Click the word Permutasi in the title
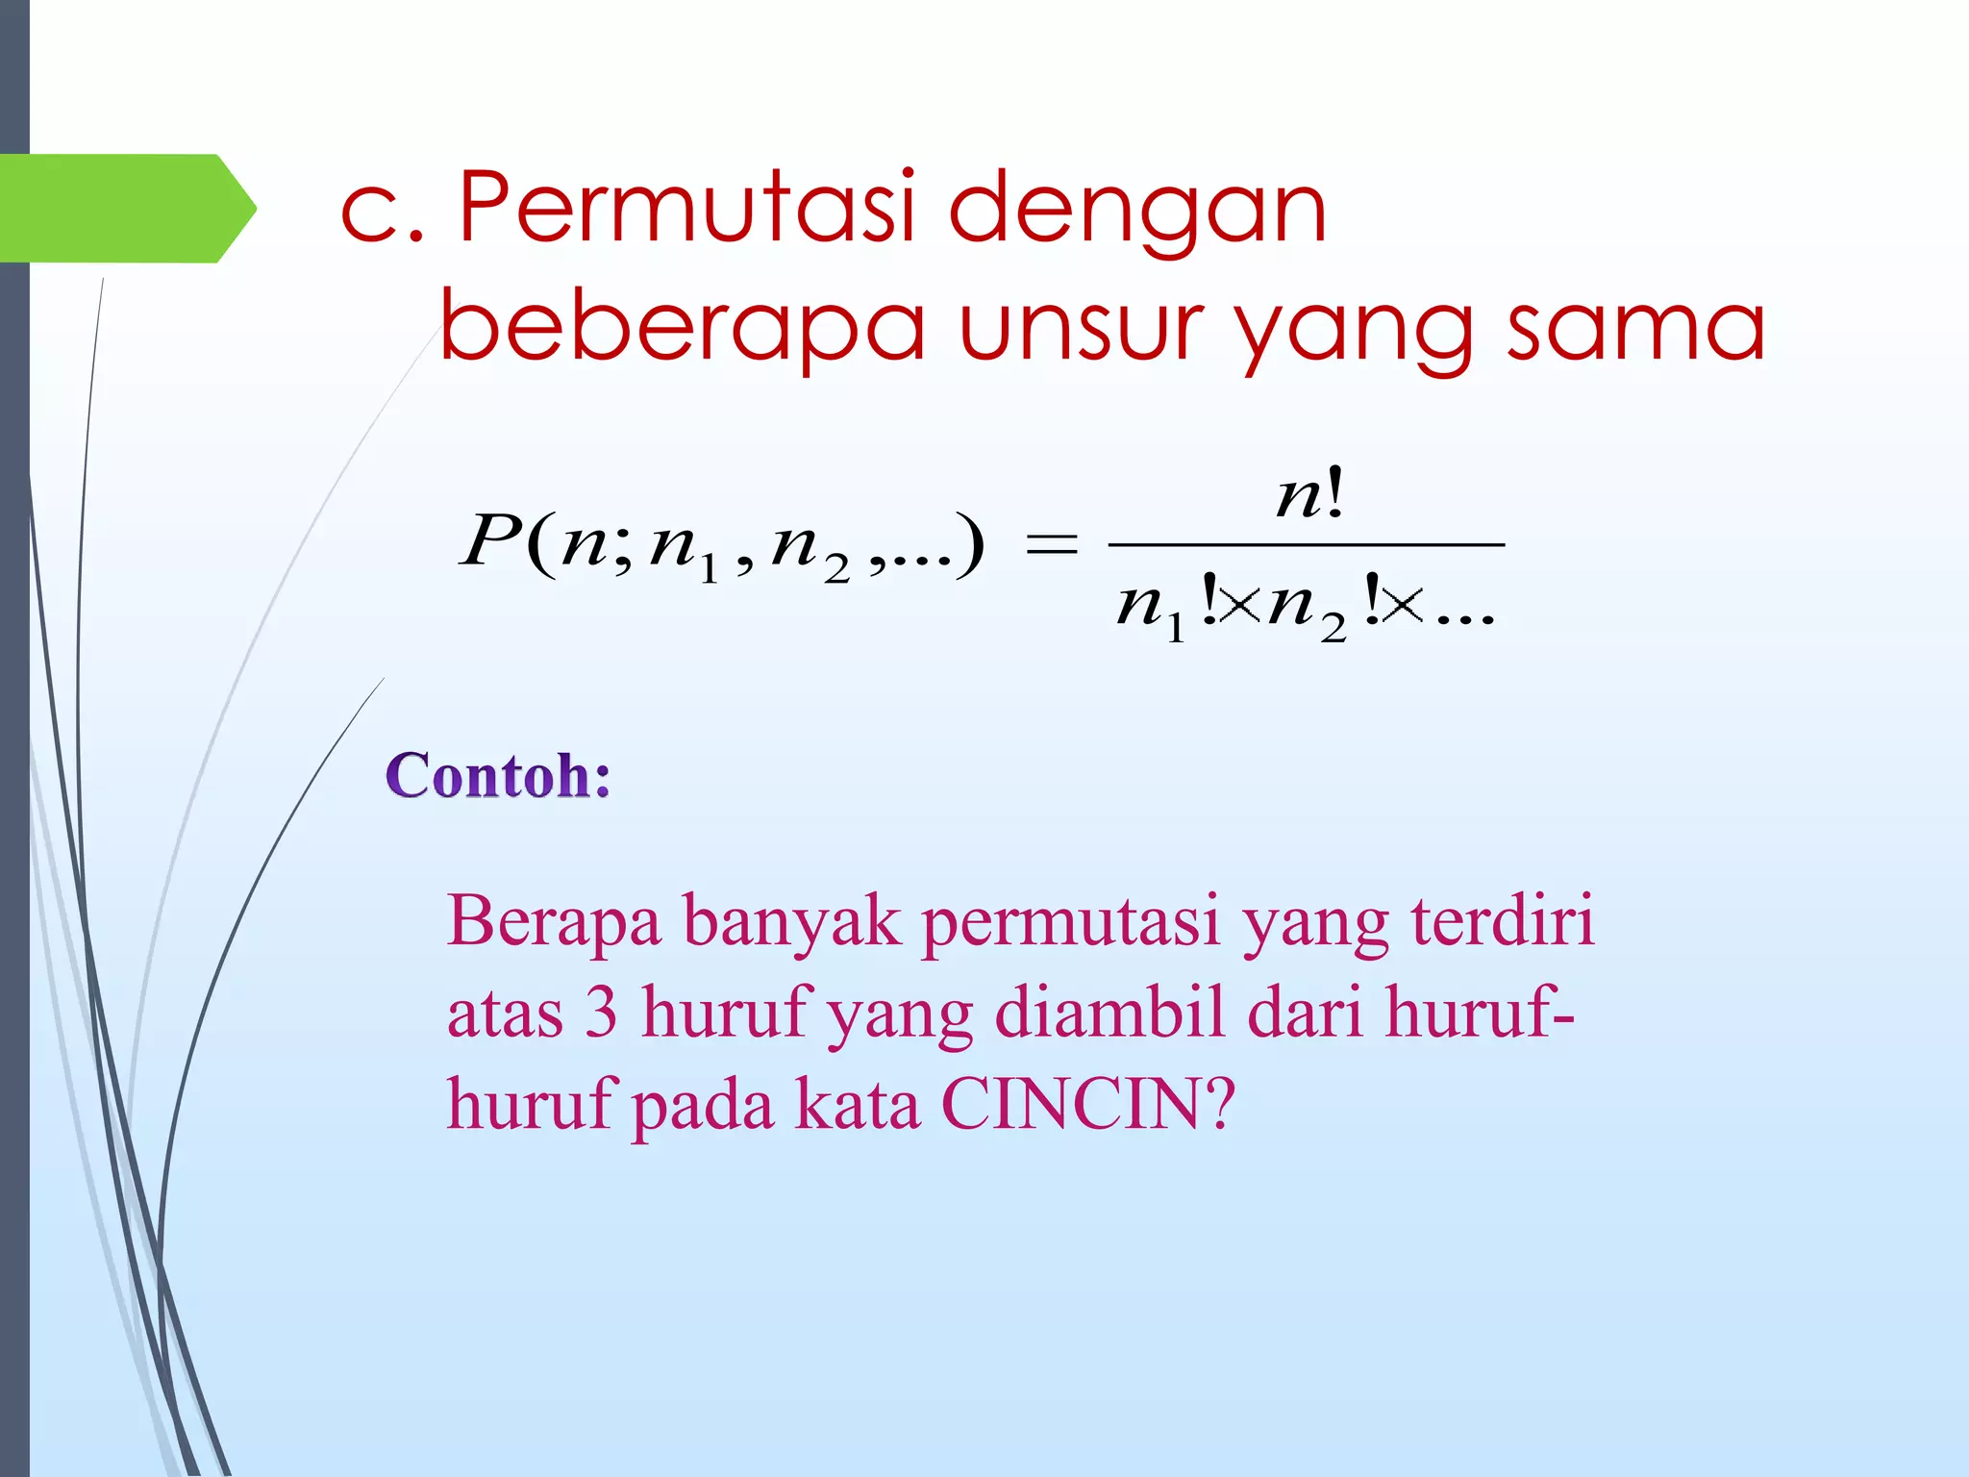point(686,207)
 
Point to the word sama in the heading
point(1635,327)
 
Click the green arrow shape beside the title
point(125,208)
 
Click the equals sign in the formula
point(1052,544)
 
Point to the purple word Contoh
point(497,776)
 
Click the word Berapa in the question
point(554,921)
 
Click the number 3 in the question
point(601,1014)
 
